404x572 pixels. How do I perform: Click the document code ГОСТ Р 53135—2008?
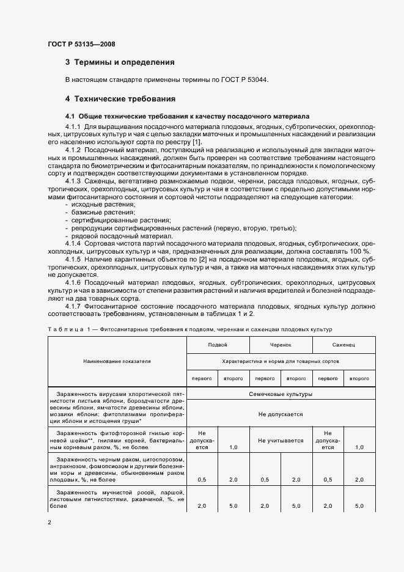click(x=81, y=43)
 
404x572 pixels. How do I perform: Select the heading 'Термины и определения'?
click(x=124, y=62)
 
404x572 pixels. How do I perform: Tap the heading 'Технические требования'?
click(x=125, y=98)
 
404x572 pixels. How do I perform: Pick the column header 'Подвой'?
click(x=218, y=346)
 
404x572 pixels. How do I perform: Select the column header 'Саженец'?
click(x=343, y=346)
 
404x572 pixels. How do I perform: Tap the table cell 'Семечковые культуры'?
click(x=281, y=394)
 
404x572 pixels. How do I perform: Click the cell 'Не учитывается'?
click(x=281, y=439)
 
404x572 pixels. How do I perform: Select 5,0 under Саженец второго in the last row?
click(x=359, y=507)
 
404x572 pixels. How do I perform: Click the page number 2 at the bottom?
click(x=49, y=523)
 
